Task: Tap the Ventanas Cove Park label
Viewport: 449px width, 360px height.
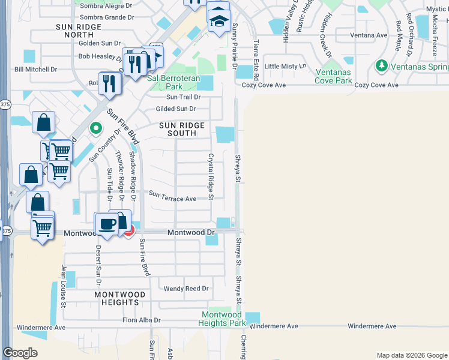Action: click(x=333, y=76)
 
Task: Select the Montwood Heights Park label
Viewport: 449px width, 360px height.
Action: click(x=221, y=319)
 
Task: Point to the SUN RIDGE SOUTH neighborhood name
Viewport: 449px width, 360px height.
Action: click(x=182, y=130)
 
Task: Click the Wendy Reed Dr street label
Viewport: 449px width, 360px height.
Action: click(x=186, y=289)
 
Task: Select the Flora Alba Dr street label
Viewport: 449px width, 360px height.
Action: click(x=142, y=320)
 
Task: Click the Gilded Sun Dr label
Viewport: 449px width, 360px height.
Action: click(x=176, y=109)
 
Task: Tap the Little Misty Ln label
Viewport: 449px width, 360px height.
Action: click(x=286, y=66)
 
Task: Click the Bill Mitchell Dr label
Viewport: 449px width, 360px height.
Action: click(x=36, y=70)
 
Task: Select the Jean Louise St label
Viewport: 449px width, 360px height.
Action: click(x=62, y=287)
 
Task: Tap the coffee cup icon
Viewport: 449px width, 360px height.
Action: click(x=107, y=224)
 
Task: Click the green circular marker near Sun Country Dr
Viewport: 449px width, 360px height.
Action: click(x=95, y=128)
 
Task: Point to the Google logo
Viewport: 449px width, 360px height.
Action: click(x=20, y=353)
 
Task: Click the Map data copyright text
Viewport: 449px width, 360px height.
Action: click(x=411, y=355)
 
